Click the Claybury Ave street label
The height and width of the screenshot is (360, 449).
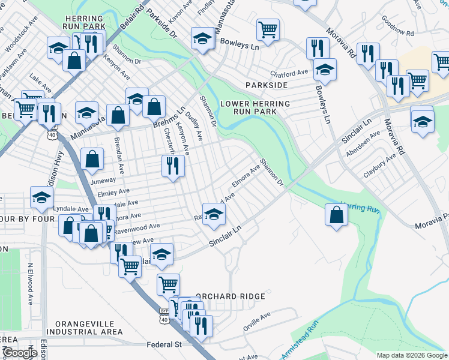pos(379,166)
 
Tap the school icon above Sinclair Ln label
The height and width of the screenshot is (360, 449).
pos(214,215)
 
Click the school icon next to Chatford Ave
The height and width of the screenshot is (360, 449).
pos(325,71)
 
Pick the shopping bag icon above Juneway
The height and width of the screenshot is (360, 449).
pos(92,160)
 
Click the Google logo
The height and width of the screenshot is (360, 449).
pos(20,353)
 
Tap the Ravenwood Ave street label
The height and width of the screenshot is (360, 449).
pos(137,227)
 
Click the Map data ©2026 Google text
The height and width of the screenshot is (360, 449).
pos(411,355)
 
